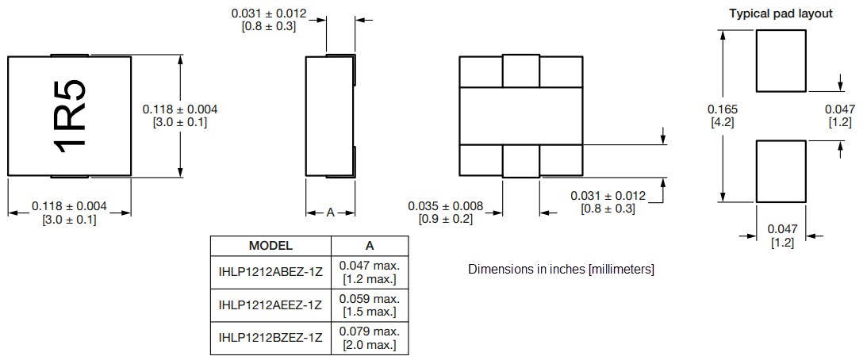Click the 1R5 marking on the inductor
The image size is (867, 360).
[x=69, y=115]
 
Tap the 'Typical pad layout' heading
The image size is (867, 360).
[x=781, y=13]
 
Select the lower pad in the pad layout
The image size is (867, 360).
[x=781, y=170]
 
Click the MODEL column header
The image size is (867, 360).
[x=270, y=246]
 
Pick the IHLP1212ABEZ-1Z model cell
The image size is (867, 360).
[x=270, y=272]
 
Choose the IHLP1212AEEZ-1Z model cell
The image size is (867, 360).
[x=270, y=305]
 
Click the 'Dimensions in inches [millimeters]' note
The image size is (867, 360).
[x=561, y=270]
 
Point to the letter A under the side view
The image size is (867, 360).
[x=330, y=213]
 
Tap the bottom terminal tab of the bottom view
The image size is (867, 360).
[x=520, y=161]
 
